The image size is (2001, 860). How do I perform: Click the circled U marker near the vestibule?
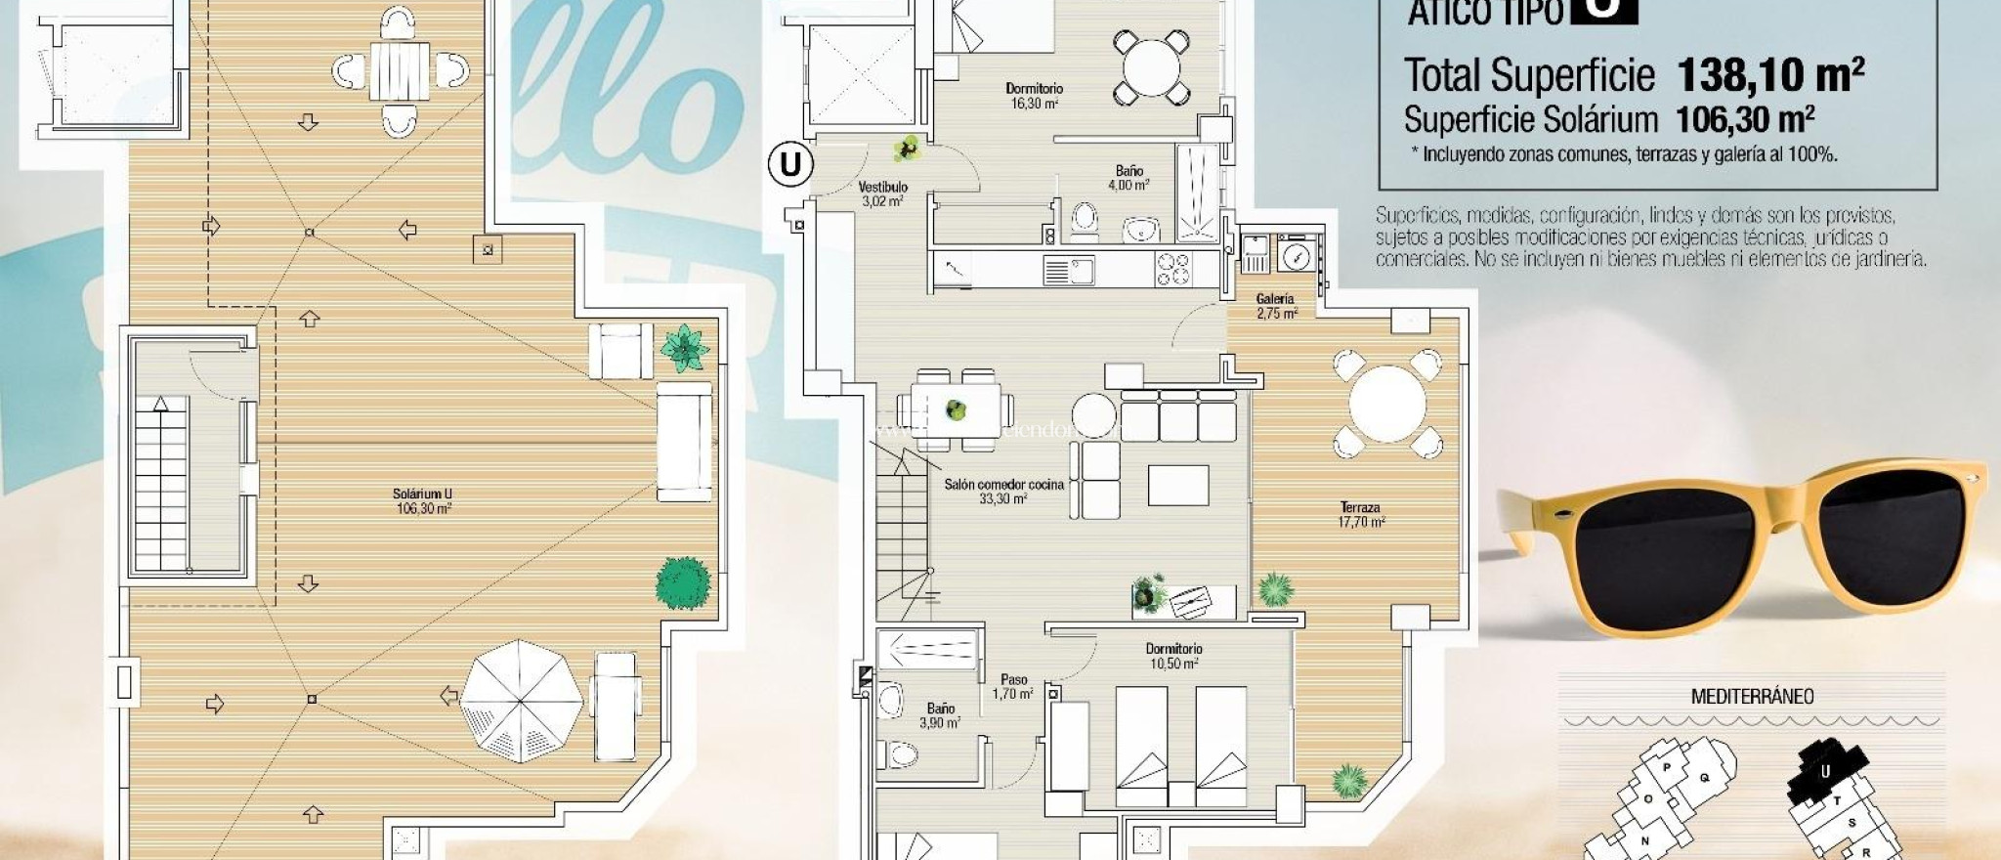pyautogui.click(x=789, y=164)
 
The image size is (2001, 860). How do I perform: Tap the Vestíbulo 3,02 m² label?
pyautogui.click(x=882, y=193)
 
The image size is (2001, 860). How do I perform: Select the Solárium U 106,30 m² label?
pyautogui.click(x=423, y=500)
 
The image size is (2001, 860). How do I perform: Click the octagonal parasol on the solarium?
pyautogui.click(x=521, y=700)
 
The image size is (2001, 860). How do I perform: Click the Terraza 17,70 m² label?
pyautogui.click(x=1361, y=514)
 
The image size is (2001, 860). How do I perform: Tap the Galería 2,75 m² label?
pyautogui.click(x=1275, y=306)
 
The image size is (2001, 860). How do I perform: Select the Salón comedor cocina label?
pyautogui.click(x=1003, y=491)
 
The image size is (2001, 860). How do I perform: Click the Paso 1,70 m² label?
pyautogui.click(x=1013, y=686)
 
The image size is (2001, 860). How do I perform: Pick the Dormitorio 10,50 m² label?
pyautogui.click(x=1173, y=656)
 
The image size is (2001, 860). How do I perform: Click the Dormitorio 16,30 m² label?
pyautogui.click(x=1034, y=96)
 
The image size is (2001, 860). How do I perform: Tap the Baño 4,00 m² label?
pyautogui.click(x=1128, y=177)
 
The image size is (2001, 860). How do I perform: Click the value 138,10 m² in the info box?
pyautogui.click(x=1769, y=74)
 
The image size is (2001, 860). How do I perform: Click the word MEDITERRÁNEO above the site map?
pyautogui.click(x=1752, y=697)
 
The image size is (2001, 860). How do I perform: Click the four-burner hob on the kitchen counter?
pyautogui.click(x=1173, y=270)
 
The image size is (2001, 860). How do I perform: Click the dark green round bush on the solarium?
pyautogui.click(x=682, y=581)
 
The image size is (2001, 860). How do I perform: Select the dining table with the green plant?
pyautogui.click(x=956, y=409)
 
